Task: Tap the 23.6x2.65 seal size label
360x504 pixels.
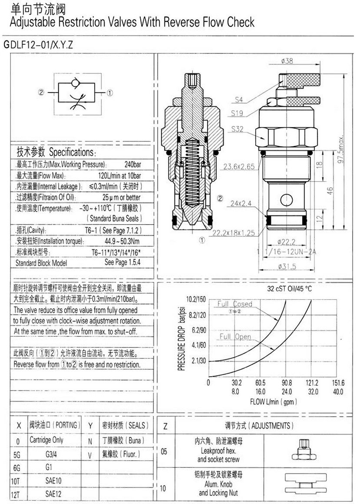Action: click(x=238, y=166)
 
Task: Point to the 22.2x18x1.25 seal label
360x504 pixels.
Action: click(x=233, y=232)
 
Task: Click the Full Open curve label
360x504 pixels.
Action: click(x=235, y=337)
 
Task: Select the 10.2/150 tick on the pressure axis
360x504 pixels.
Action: click(x=195, y=299)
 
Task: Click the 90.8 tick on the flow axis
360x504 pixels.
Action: click(x=287, y=383)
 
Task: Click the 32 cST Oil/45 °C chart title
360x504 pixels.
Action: click(x=290, y=288)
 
